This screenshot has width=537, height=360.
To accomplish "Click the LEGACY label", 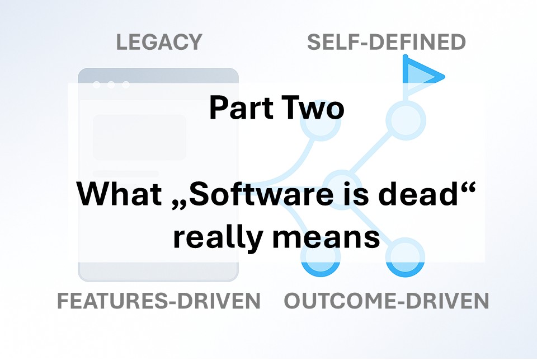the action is [x=159, y=42].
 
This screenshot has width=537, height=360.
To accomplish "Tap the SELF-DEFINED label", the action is [x=387, y=42].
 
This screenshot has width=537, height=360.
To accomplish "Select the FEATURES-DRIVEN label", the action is [x=158, y=301].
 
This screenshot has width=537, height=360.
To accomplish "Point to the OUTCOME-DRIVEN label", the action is [x=387, y=301].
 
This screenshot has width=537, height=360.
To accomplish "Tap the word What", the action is [x=119, y=194].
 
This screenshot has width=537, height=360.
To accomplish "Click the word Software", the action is [x=261, y=194].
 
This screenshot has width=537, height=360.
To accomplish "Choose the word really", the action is [x=218, y=237].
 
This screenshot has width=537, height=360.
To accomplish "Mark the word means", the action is [x=326, y=239].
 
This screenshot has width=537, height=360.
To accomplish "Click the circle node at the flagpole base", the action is [x=406, y=120].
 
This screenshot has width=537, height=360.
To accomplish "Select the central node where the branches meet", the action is [x=342, y=190].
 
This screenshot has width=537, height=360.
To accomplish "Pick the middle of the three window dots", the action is [x=111, y=85].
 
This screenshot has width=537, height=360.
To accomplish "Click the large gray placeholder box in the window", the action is [x=140, y=137].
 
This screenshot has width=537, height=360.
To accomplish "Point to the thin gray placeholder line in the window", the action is [x=126, y=174].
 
